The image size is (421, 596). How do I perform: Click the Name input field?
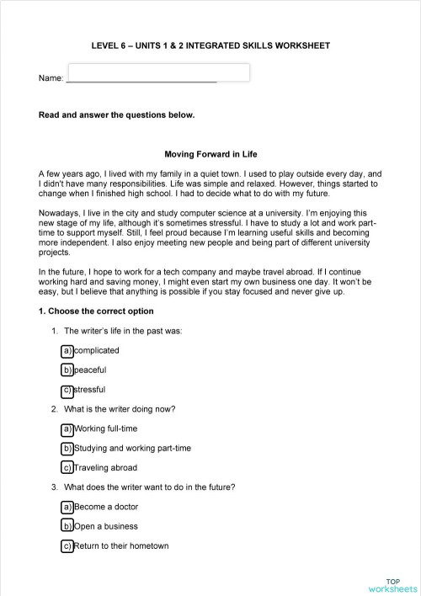(157, 72)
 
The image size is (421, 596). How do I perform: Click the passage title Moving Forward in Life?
(210, 154)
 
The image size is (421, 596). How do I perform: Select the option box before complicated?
(67, 350)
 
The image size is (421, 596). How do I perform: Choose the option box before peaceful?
(67, 370)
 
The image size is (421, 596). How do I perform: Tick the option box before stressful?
(67, 390)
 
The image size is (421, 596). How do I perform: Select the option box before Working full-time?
(67, 428)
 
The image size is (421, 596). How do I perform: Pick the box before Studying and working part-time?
(67, 448)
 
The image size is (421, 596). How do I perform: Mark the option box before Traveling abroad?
(67, 468)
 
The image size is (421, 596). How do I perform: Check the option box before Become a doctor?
(67, 507)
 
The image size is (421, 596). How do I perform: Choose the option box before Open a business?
(67, 526)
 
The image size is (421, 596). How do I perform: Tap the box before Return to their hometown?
(67, 546)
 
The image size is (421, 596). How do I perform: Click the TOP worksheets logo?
(392, 585)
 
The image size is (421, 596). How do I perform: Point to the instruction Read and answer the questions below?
(116, 115)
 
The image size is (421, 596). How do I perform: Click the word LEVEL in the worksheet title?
(104, 45)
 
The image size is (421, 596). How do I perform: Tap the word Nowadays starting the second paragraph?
(58, 213)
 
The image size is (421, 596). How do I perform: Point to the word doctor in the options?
(125, 507)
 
